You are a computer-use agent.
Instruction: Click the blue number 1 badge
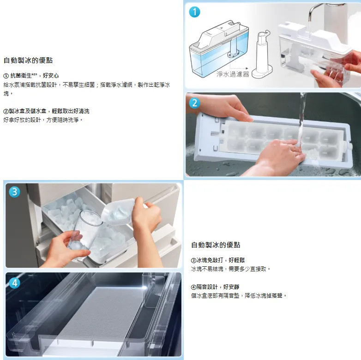click(x=194, y=12)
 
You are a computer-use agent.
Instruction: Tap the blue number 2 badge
click(x=194, y=103)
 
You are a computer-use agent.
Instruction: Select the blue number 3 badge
click(x=14, y=192)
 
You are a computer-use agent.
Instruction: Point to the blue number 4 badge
click(x=14, y=283)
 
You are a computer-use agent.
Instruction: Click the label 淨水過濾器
click(x=233, y=74)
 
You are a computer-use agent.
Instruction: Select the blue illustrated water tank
click(x=219, y=49)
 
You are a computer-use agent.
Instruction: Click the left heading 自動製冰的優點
click(x=28, y=60)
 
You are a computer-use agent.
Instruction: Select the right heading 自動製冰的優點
click(x=216, y=245)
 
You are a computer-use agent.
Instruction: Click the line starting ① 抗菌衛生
click(x=31, y=76)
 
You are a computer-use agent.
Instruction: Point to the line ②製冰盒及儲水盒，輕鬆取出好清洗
click(x=46, y=111)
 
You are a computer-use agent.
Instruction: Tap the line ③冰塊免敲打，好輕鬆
click(x=218, y=260)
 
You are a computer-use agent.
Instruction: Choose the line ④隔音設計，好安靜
click(x=215, y=287)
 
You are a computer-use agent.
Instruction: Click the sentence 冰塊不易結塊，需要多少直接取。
click(x=231, y=269)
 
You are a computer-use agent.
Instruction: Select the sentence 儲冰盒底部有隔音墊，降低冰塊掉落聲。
click(x=239, y=295)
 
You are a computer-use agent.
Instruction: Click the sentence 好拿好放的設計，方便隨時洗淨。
click(x=43, y=120)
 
